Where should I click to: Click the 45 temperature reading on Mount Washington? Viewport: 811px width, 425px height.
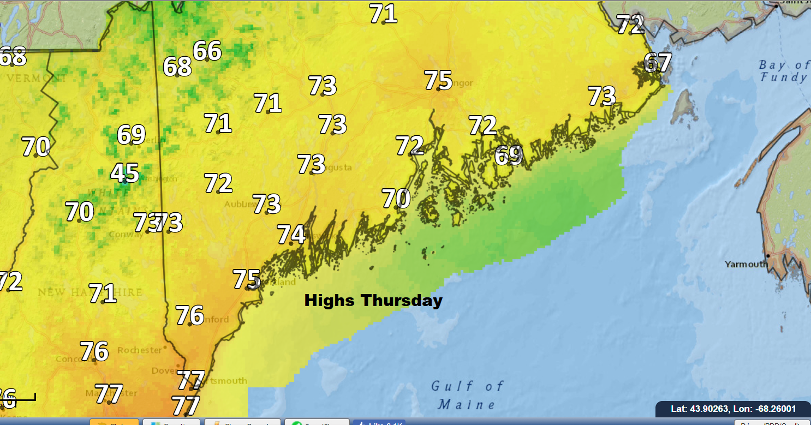point(124,173)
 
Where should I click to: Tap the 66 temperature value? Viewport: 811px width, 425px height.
point(207,51)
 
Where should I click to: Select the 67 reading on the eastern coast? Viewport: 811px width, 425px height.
point(658,63)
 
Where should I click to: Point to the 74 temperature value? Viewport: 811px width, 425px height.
point(291,235)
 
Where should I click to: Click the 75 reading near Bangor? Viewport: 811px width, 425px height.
point(438,80)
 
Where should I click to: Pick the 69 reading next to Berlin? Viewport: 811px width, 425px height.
point(131,135)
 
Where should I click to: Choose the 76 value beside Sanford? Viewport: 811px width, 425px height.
point(189,315)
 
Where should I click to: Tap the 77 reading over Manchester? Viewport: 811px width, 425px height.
point(109,393)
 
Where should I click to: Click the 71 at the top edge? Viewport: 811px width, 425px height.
point(383,14)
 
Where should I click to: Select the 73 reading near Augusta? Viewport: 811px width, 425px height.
point(311,164)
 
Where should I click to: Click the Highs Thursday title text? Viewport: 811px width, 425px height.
point(373,301)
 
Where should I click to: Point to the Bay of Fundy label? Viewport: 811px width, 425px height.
point(784,71)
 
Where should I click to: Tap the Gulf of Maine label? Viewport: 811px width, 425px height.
point(467,396)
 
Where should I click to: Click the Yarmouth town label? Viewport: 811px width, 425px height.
point(746,265)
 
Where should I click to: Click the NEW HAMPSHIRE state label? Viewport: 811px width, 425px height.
point(90,293)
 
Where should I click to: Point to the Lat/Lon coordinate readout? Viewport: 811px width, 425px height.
point(733,409)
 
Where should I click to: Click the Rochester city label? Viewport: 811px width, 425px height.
point(140,350)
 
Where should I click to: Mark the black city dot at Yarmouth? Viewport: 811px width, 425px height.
point(768,255)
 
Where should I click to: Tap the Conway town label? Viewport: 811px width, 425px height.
point(127,235)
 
